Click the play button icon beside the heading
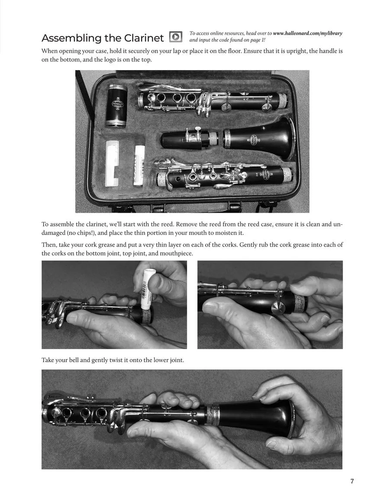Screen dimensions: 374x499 tap(176, 37)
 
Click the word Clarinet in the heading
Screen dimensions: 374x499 tap(144, 38)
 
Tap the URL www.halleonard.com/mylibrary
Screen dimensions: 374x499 tap(308, 33)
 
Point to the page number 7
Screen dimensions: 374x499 tap(352, 481)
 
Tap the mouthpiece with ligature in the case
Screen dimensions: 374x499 tap(190, 139)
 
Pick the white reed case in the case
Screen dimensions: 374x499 tap(112, 163)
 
